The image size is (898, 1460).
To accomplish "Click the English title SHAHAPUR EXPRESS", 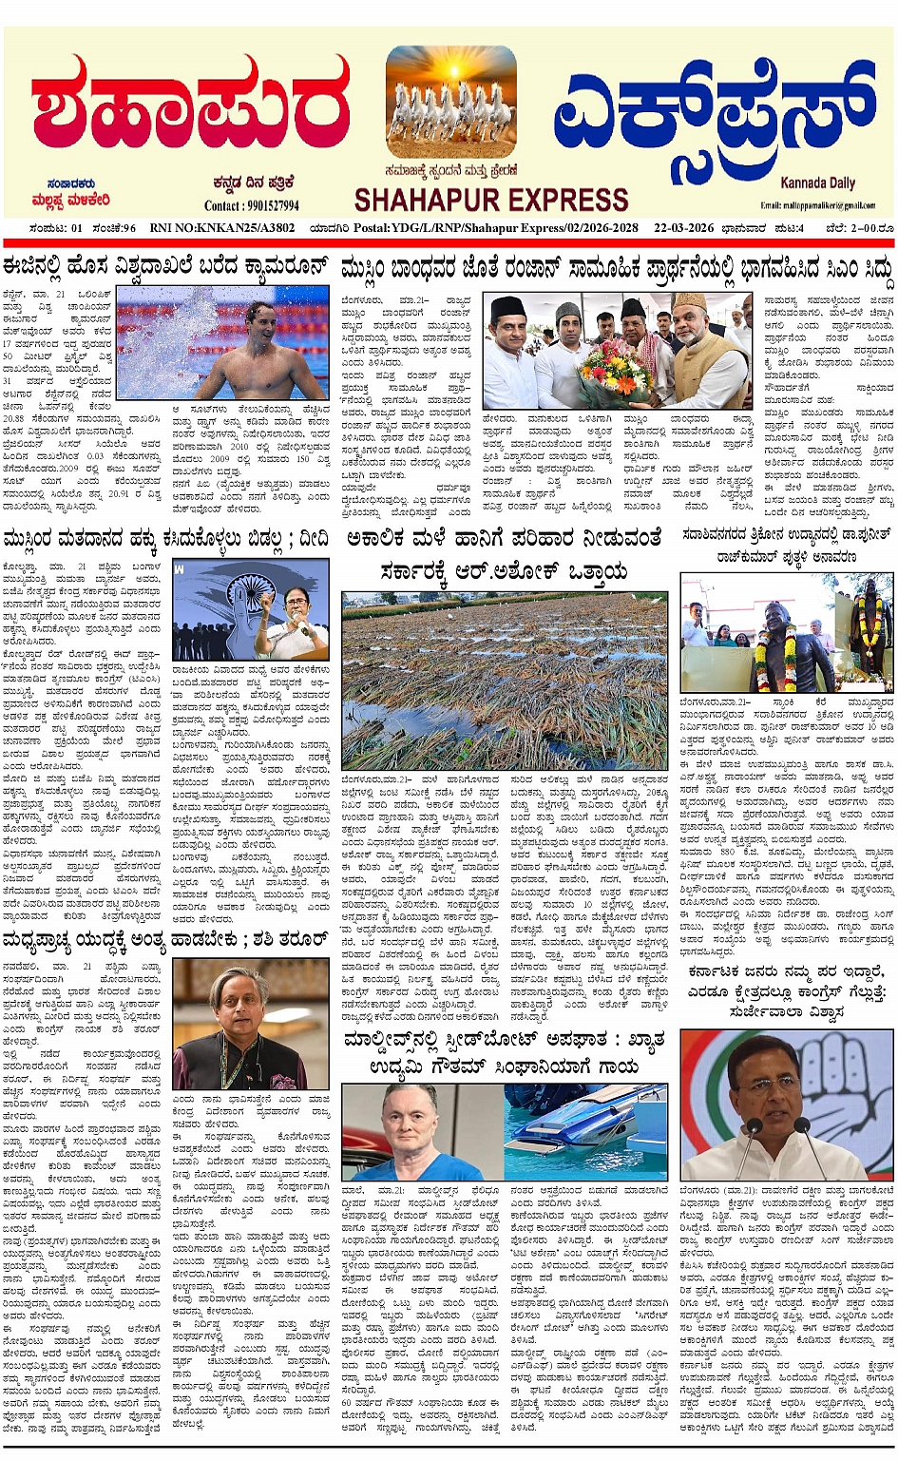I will [x=490, y=201].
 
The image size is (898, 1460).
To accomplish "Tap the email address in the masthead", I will [x=817, y=205].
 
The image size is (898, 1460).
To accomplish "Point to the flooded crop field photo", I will [x=504, y=680].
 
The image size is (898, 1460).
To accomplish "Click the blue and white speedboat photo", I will [x=586, y=1130].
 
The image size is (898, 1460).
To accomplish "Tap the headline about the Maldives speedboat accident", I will [x=504, y=1055].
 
